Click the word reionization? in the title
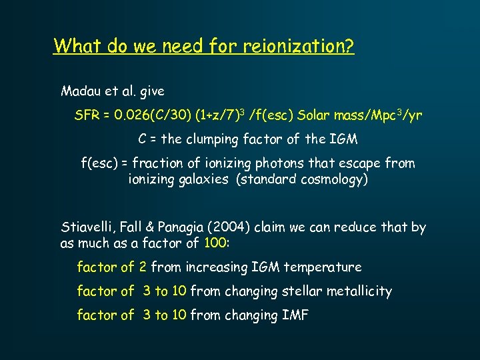click(299, 46)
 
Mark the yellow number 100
click(215, 244)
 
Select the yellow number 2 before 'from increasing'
click(143, 267)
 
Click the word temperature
click(323, 267)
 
